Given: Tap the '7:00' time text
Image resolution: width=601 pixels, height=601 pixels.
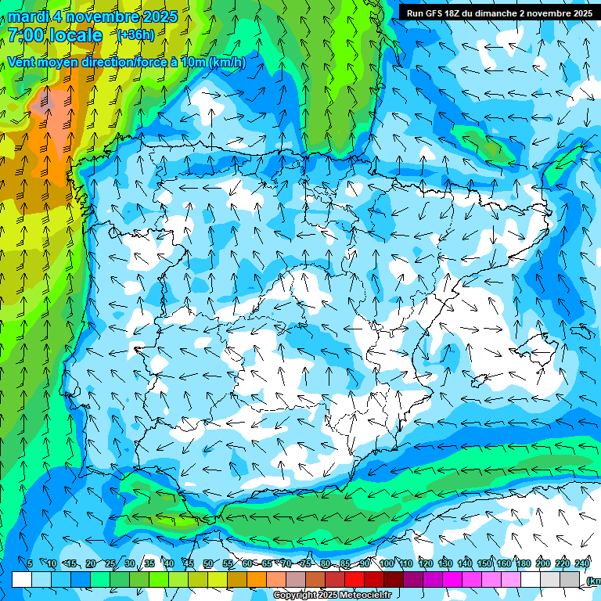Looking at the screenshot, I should pyautogui.click(x=26, y=35).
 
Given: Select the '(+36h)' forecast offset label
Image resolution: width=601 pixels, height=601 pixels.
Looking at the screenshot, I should pyautogui.click(x=135, y=35).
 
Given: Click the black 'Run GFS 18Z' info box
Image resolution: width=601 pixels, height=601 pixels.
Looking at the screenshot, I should pyautogui.click(x=499, y=13).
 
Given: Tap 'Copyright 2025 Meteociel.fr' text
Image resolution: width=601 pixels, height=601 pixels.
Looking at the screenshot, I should pyautogui.click(x=332, y=595).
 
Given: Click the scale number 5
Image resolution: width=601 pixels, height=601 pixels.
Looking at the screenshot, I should pyautogui.click(x=30, y=563).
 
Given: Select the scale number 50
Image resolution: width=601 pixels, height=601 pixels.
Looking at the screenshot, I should pyautogui.click(x=207, y=563).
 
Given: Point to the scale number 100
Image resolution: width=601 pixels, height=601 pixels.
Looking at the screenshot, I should pyautogui.click(x=387, y=563).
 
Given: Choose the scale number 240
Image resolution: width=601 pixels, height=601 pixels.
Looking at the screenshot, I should pyautogui.click(x=582, y=563).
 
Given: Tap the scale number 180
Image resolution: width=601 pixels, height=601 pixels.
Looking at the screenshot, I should pyautogui.click(x=524, y=563).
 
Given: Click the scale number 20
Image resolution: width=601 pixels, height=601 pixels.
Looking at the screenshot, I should pyautogui.click(x=90, y=563).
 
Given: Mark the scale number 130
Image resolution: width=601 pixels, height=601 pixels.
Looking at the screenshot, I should pyautogui.click(x=445, y=563).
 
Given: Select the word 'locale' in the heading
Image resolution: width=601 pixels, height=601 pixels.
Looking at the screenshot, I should pyautogui.click(x=76, y=35).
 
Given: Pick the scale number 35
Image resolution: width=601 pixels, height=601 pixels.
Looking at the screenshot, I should pyautogui.click(x=149, y=563).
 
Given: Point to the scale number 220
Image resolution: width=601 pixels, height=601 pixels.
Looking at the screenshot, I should pyautogui.click(x=563, y=563).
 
